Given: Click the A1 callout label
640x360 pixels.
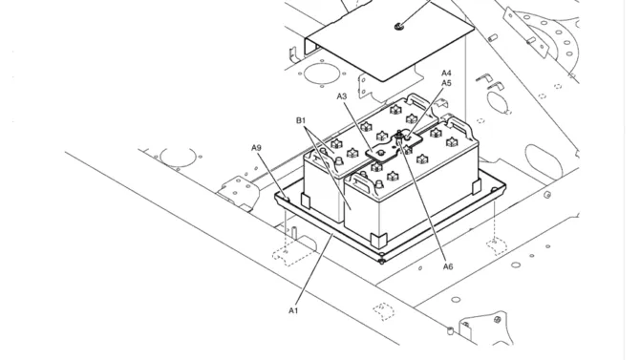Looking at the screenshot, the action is [293, 310].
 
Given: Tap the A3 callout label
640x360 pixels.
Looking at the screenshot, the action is [342, 96].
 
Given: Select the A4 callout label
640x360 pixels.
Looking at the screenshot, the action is [446, 74].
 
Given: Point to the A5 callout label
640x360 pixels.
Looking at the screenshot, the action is [446, 83].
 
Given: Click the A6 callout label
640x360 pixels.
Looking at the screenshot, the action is [448, 266].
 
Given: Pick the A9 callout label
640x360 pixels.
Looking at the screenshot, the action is [256, 148].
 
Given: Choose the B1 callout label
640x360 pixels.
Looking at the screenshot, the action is [301, 120].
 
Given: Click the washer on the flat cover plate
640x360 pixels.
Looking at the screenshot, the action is [398, 27].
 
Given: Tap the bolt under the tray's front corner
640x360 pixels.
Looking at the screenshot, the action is [382, 261].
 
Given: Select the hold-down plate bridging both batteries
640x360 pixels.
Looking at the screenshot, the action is [394, 148].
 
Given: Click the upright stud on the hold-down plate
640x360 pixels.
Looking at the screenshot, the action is [399, 137].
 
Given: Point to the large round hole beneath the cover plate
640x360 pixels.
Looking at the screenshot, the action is [320, 74].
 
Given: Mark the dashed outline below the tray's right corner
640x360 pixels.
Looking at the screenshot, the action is [497, 245].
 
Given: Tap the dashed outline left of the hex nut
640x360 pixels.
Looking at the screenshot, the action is [383, 310].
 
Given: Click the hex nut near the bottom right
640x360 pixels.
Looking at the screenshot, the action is [498, 319].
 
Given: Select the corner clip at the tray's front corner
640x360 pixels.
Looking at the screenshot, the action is [379, 240].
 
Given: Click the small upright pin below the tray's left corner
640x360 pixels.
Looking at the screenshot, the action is [293, 230].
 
